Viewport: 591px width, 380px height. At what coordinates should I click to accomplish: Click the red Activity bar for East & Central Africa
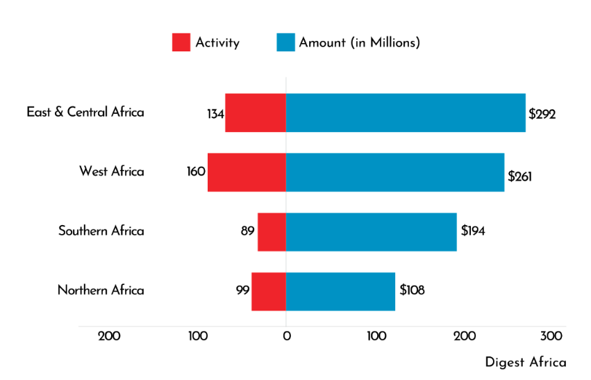(255, 113)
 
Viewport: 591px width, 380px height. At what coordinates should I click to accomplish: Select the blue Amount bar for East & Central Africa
(406, 113)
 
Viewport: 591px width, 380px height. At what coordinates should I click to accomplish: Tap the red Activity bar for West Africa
(247, 172)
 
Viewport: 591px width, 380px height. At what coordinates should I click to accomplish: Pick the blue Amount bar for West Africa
(395, 172)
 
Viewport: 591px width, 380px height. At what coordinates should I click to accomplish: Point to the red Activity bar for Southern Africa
(272, 232)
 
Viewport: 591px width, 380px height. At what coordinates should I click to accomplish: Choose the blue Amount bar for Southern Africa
(371, 232)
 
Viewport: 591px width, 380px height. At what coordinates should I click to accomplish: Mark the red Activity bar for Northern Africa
(269, 292)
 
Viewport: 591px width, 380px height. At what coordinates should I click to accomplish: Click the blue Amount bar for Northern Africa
(340, 292)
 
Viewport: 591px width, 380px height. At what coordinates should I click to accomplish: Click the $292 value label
(542, 115)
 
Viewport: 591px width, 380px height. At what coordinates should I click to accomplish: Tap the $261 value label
(519, 176)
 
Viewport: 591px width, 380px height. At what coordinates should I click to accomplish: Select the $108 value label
(412, 290)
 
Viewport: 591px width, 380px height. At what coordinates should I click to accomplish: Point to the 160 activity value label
(196, 172)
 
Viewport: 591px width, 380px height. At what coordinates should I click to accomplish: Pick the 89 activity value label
(248, 231)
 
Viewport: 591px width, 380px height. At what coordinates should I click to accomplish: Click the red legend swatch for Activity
(181, 42)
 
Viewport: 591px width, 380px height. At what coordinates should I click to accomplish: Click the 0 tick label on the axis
(286, 337)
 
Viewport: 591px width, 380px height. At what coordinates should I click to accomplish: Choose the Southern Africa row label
(101, 231)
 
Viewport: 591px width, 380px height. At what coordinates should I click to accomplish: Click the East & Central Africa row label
(85, 112)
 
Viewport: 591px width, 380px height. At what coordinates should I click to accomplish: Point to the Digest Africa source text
(525, 363)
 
